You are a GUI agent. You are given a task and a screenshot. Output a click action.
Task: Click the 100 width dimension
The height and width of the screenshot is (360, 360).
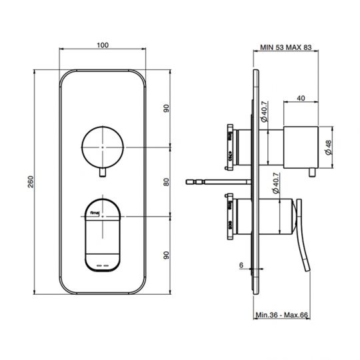coord(102,45)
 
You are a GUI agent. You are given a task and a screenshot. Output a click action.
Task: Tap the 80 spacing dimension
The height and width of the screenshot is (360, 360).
coord(167,180)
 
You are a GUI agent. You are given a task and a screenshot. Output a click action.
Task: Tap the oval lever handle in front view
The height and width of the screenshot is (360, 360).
coord(101,234)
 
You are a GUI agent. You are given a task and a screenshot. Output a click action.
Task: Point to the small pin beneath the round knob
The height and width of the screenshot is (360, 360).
coord(101,174)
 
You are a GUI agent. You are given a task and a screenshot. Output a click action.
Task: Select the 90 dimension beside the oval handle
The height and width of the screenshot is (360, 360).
coord(167,255)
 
